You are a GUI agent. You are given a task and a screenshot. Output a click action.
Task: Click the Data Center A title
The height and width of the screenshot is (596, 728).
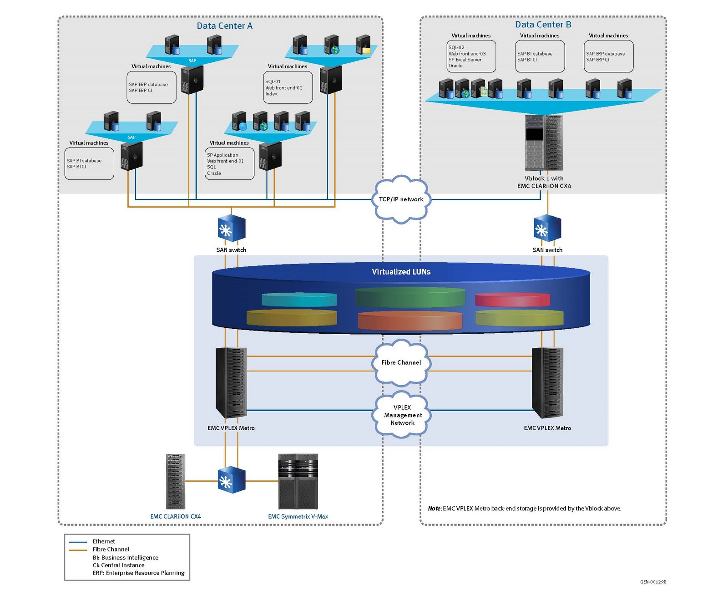tap(224, 26)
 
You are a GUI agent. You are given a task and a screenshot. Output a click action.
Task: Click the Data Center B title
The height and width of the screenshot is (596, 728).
tap(543, 25)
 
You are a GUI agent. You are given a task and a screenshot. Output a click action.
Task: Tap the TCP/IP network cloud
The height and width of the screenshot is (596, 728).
tap(401, 199)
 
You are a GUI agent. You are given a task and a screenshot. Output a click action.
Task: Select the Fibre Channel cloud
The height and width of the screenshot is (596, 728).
tap(401, 362)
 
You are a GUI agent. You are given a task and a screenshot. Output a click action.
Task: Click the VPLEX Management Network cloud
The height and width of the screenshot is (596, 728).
tap(402, 415)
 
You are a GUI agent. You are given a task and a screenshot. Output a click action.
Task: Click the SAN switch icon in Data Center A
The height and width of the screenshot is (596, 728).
tap(231, 229)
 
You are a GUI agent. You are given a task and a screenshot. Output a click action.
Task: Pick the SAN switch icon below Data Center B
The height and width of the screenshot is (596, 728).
tap(547, 229)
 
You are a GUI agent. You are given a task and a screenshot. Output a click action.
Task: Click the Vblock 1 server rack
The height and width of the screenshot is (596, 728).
tap(544, 143)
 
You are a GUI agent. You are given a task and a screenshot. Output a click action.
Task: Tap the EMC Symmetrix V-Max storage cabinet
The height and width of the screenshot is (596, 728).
tap(298, 481)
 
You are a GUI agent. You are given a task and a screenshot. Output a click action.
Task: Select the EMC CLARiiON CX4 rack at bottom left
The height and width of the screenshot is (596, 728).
tap(176, 481)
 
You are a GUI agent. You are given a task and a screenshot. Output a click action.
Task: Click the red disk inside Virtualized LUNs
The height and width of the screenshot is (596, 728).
tap(512, 300)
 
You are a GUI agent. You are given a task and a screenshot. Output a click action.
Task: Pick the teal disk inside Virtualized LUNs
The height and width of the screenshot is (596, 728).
tap(299, 299)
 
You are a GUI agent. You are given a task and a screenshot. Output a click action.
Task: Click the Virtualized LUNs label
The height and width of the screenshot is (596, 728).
tap(401, 272)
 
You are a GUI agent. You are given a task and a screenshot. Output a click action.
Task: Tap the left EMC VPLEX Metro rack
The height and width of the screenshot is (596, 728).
tap(231, 382)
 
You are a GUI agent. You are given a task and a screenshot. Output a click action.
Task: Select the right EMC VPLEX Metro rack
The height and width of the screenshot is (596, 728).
tap(547, 382)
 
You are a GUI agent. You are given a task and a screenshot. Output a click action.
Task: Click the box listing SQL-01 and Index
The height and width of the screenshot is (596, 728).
tap(288, 87)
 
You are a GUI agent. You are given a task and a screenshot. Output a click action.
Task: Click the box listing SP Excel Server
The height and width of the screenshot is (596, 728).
tap(471, 56)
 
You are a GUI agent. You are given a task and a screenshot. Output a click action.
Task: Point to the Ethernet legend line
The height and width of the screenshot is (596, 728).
tap(78, 542)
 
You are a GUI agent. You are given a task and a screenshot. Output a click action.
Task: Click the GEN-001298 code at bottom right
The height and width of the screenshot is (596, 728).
tap(653, 582)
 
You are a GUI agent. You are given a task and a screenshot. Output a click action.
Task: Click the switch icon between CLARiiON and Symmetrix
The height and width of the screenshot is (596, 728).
tap(231, 480)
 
